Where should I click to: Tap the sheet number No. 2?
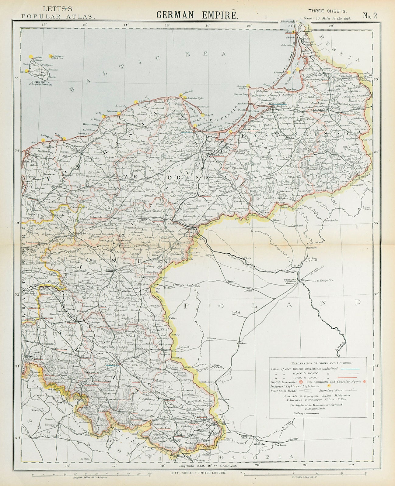pyautogui.click(x=369, y=16)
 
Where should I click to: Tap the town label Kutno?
pyautogui.click(x=231, y=282)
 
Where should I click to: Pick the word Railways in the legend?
pyautogui.click(x=300, y=413)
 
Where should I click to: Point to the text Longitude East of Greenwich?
pyautogui.click(x=206, y=465)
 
